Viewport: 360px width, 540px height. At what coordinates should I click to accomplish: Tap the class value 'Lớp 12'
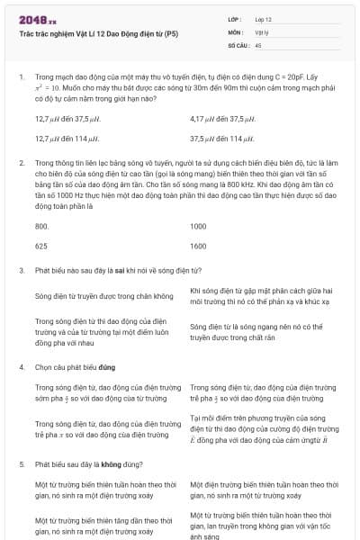264,19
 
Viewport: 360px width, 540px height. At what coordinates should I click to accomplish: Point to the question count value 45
258,44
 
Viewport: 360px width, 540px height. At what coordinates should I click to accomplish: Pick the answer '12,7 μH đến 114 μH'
67,139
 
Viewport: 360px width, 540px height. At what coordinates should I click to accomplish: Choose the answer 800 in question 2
41,225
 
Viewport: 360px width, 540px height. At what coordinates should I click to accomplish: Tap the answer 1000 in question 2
199,225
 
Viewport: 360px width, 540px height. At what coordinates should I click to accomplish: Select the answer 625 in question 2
41,245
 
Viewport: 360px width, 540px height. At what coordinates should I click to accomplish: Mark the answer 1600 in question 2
199,245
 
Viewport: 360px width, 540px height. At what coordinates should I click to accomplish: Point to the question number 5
22,464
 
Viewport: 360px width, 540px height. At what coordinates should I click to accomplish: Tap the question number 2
22,163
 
